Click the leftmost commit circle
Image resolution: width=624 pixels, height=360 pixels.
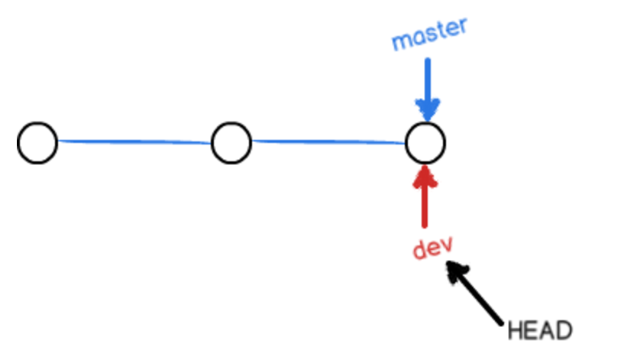click(37, 143)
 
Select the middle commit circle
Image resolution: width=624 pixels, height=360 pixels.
click(231, 143)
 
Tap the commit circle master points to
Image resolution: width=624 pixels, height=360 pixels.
click(425, 143)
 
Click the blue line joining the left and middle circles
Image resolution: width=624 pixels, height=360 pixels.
click(134, 141)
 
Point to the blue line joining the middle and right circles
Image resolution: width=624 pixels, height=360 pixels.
click(328, 141)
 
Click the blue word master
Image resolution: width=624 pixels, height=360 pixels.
click(429, 34)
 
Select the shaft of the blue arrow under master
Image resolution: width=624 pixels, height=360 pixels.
click(427, 80)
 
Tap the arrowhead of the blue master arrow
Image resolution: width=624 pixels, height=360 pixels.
click(427, 111)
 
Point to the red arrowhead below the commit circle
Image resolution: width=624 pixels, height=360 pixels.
click(425, 176)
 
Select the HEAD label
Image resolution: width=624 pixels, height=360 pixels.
click(539, 331)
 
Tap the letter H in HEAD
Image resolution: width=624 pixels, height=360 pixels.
click(515, 331)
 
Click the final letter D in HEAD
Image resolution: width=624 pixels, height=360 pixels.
click(564, 331)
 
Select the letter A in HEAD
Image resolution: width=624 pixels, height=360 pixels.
click(547, 331)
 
